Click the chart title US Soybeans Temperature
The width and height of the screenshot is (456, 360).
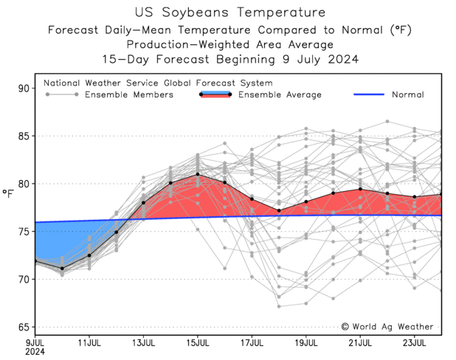click(x=230, y=13)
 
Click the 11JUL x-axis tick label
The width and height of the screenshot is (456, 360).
click(x=89, y=343)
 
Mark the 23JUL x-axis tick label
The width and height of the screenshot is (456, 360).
click(x=414, y=343)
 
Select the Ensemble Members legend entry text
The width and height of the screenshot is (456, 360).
click(x=129, y=94)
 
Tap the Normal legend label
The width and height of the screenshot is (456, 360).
click(x=407, y=94)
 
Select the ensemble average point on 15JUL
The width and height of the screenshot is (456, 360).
click(x=198, y=174)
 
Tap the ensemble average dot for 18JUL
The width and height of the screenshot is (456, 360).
click(x=279, y=211)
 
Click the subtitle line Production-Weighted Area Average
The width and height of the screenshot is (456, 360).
click(x=230, y=45)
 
